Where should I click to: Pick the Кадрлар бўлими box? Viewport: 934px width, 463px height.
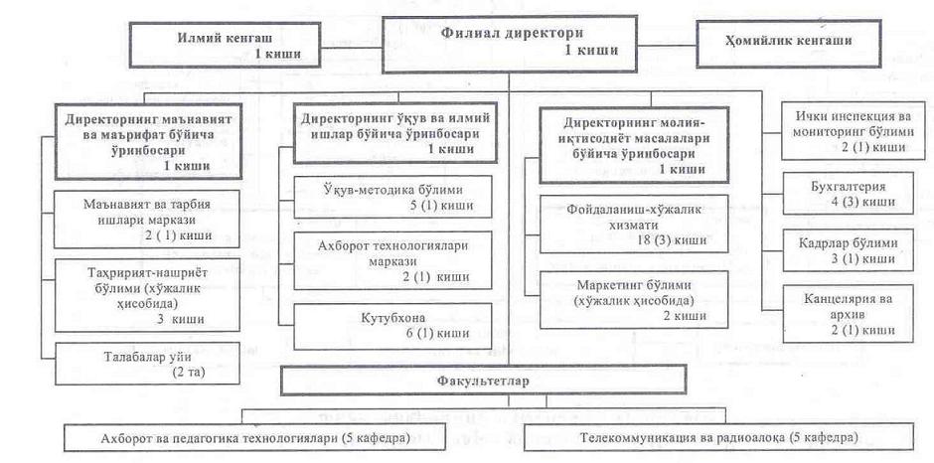pyautogui.click(x=849, y=249)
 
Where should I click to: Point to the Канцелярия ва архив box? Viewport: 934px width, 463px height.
pyautogui.click(x=849, y=312)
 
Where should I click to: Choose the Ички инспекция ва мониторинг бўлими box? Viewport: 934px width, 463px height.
pyautogui.click(x=849, y=131)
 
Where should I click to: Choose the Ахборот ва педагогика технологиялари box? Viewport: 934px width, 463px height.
pyautogui.click(x=290, y=437)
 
